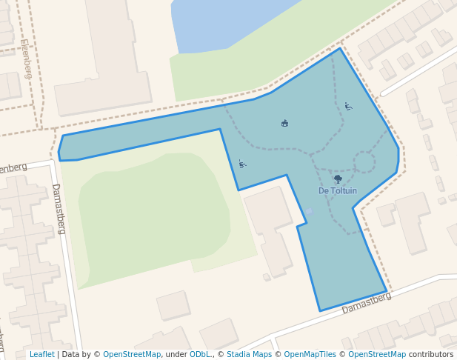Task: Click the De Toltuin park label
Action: tap(338, 191)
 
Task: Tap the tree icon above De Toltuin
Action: tap(338, 179)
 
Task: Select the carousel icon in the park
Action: tap(285, 123)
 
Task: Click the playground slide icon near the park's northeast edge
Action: tap(348, 106)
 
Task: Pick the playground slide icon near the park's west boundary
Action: tap(241, 164)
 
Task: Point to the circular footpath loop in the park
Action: tap(364, 162)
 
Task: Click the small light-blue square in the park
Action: tap(309, 212)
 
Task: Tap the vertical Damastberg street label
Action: tap(59, 208)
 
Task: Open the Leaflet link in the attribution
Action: tap(41, 355)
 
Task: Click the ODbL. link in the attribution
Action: tap(200, 355)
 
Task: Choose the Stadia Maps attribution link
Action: tap(249, 355)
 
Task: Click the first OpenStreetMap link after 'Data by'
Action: tap(132, 355)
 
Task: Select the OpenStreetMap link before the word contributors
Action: tap(377, 355)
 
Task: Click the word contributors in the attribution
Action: tap(431, 355)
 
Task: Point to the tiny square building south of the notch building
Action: tap(267, 277)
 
